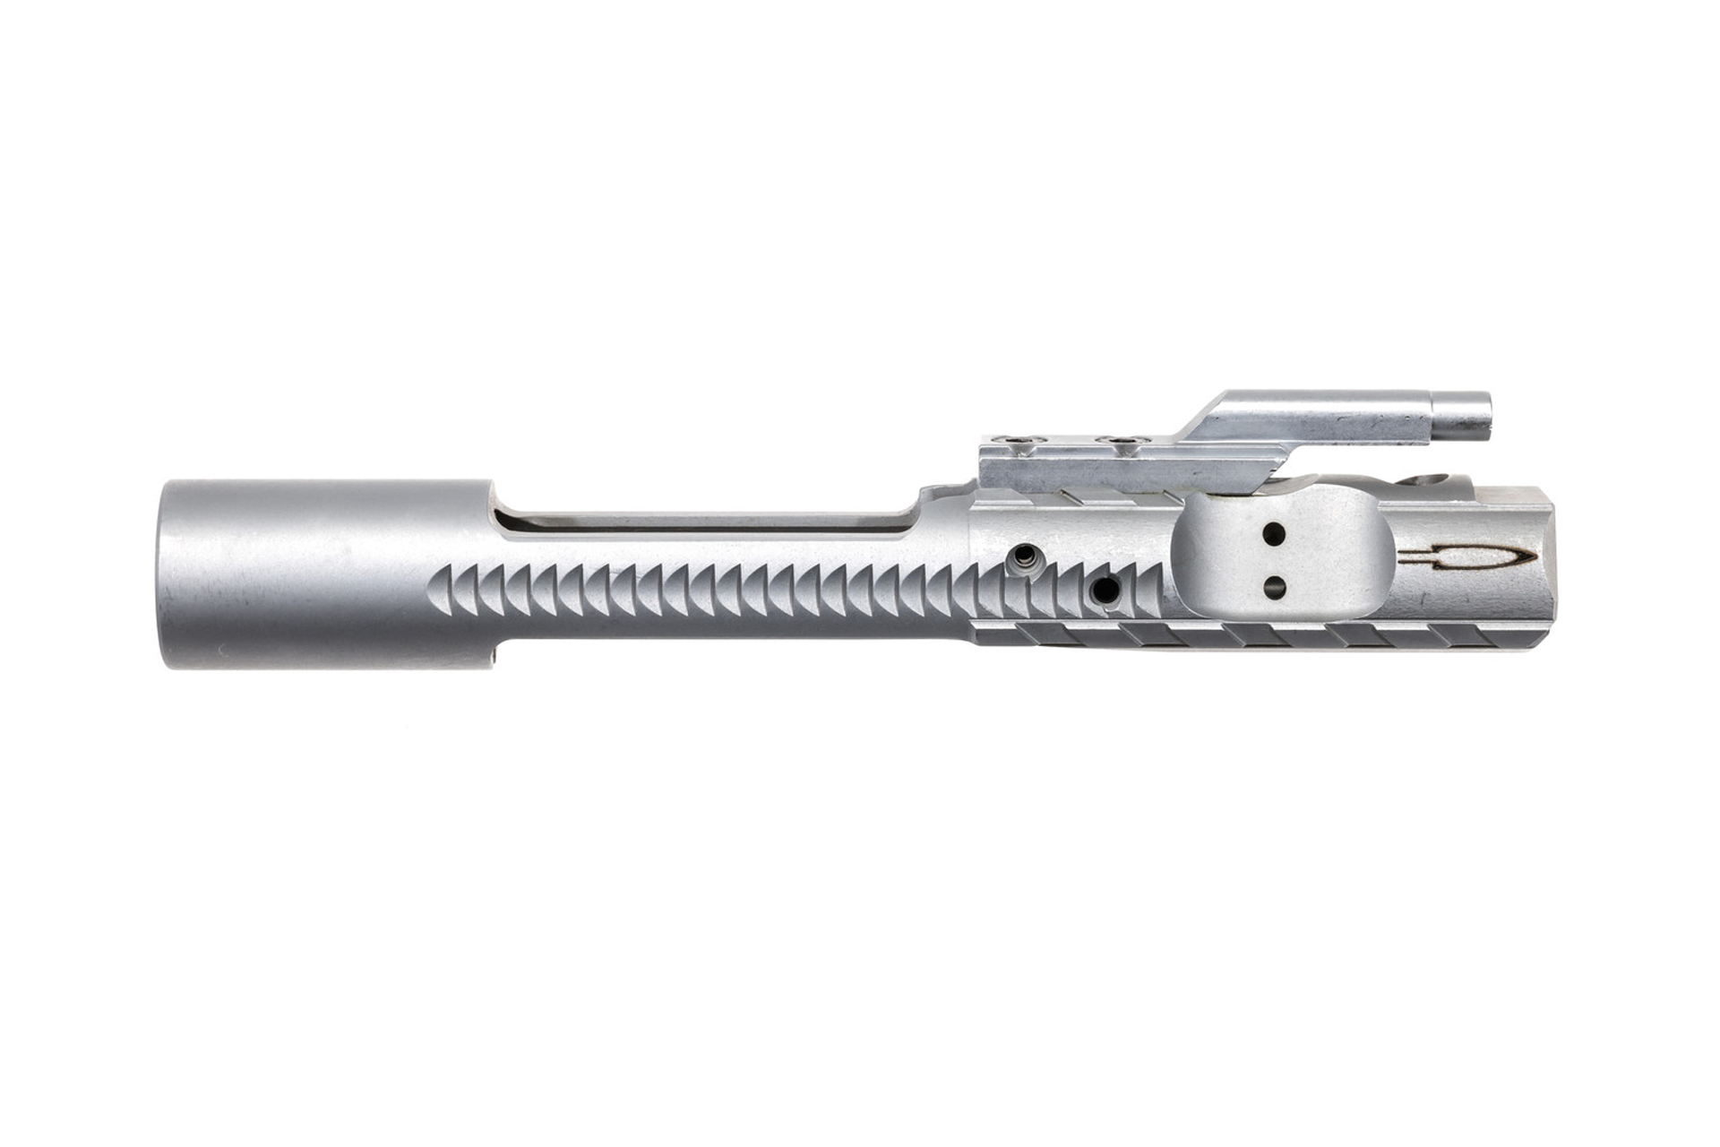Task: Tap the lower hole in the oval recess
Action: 1276,588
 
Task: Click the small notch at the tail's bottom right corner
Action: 495,662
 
